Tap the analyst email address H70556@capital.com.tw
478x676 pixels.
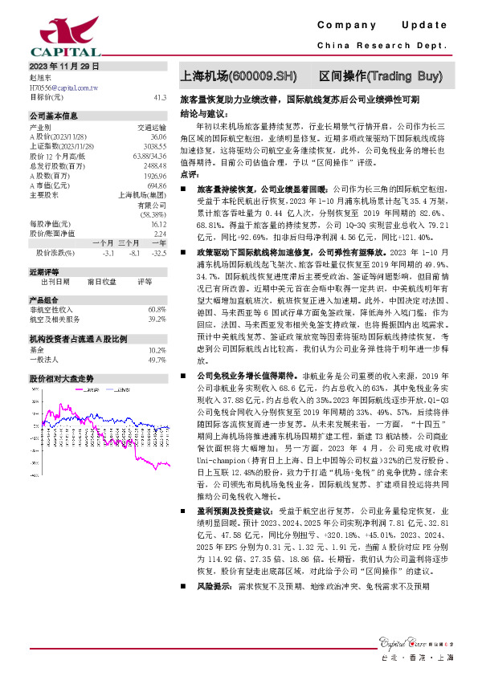tap(63, 87)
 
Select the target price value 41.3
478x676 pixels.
tap(159, 96)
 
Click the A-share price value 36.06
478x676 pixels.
tap(157, 137)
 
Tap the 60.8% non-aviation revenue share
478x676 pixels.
tap(157, 309)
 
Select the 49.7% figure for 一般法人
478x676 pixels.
tap(157, 360)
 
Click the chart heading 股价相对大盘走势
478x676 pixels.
tap(61, 377)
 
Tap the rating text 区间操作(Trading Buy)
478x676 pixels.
tap(380, 76)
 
